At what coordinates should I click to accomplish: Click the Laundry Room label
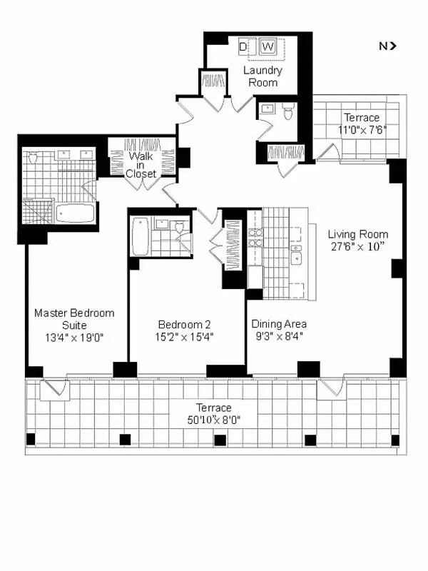tap(263, 76)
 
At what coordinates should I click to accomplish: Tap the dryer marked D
tap(243, 47)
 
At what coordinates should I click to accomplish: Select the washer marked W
tap(268, 47)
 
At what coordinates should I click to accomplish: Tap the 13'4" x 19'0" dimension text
tap(74, 338)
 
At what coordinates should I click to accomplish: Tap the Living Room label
tap(357, 234)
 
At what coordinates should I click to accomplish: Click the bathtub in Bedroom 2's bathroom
tap(141, 236)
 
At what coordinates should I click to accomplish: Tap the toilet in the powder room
tap(287, 111)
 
